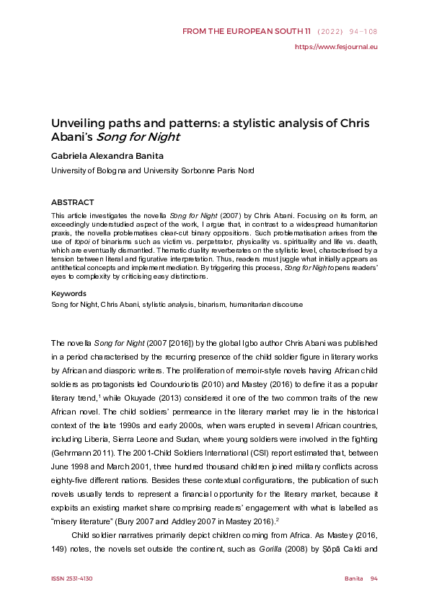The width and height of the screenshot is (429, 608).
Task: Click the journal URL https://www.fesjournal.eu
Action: (x=337, y=47)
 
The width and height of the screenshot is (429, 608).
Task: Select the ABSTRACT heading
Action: (x=72, y=203)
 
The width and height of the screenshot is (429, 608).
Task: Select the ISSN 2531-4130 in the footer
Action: (x=71, y=579)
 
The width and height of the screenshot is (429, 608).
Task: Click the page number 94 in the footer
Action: (x=373, y=579)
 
